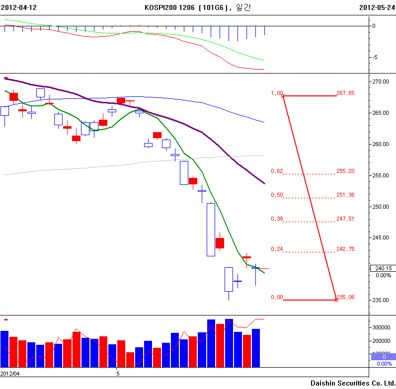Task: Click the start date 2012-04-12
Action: click(19, 7)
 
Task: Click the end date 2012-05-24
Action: click(377, 7)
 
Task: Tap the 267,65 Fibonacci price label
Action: click(345, 93)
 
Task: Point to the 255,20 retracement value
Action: click(345, 171)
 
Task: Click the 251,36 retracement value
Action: click(345, 195)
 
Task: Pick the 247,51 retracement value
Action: click(345, 219)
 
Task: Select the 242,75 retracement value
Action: click(345, 249)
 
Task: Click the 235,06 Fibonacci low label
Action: click(346, 297)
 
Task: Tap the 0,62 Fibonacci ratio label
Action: click(277, 171)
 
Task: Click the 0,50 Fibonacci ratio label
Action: click(277, 195)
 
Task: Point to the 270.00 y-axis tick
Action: click(382, 81)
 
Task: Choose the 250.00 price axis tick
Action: click(382, 207)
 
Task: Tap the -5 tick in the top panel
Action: click(374, 57)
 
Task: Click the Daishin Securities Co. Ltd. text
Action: click(353, 383)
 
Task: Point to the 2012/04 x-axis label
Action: click(10, 373)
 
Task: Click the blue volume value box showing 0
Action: click(384, 357)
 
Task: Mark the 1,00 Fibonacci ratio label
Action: click(277, 93)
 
